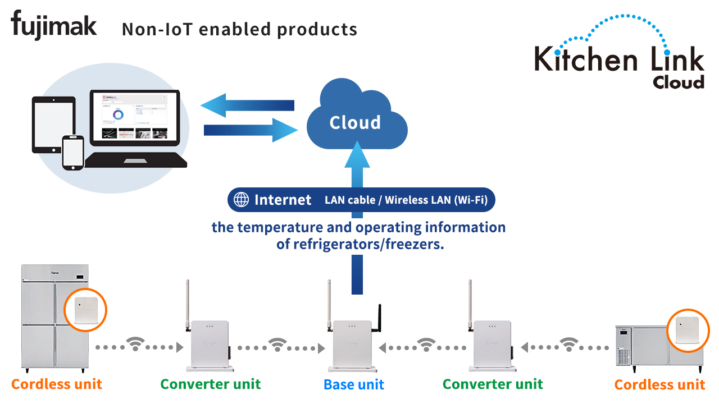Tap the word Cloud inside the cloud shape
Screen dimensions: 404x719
click(355, 123)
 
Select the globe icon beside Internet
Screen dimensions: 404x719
click(241, 200)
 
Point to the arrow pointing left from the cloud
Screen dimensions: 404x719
click(247, 105)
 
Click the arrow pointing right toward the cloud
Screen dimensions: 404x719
click(251, 130)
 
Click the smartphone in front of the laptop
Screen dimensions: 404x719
click(73, 151)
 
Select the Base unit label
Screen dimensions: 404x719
click(354, 385)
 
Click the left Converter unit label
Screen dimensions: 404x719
click(211, 384)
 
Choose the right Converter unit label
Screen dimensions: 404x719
click(493, 384)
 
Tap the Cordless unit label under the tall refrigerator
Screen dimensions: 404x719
click(57, 384)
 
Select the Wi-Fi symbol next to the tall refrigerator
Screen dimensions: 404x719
click(135, 345)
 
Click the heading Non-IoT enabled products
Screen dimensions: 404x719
click(239, 29)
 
